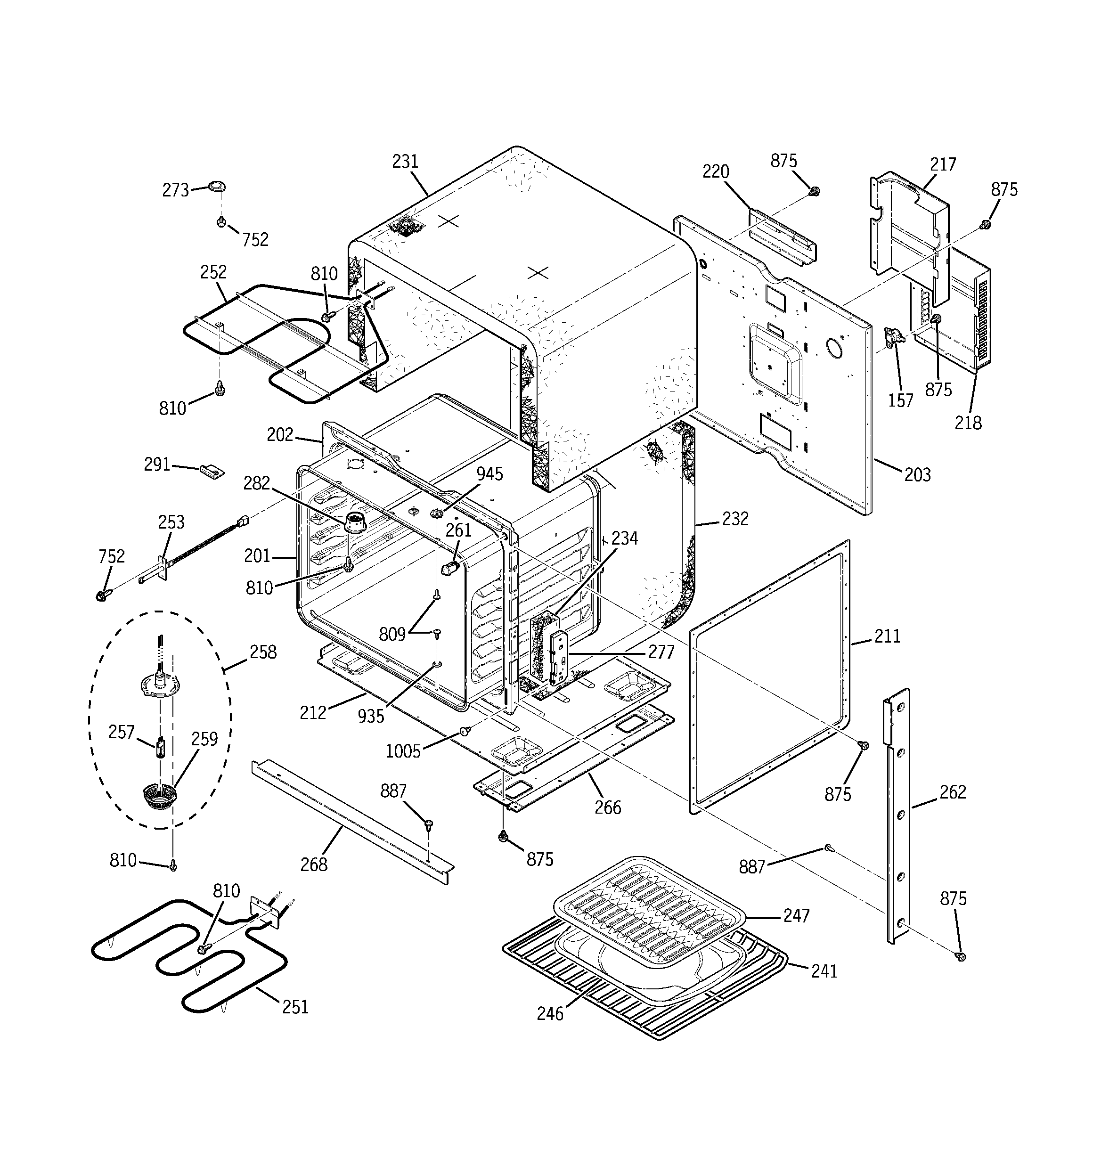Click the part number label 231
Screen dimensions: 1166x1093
click(405, 161)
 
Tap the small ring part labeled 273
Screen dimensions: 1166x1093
click(217, 187)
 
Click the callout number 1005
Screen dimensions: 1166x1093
click(403, 751)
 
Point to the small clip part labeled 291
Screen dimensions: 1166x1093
click(212, 470)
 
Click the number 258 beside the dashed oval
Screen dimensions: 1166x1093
click(262, 652)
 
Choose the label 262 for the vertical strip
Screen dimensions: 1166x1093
click(952, 792)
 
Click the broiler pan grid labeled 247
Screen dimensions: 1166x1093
click(648, 903)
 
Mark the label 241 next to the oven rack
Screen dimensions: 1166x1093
click(824, 971)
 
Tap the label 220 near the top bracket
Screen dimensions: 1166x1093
click(716, 172)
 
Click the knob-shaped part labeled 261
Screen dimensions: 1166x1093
click(450, 568)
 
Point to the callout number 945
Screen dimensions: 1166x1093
click(489, 474)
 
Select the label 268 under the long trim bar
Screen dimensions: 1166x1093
click(314, 864)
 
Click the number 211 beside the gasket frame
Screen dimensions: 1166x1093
click(887, 636)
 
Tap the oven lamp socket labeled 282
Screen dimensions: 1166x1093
click(353, 521)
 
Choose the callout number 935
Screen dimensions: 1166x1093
click(371, 716)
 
